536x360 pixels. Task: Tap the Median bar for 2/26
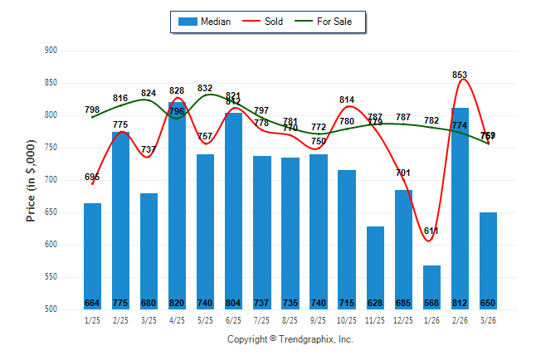pos(460,208)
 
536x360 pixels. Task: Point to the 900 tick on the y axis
pos(51,51)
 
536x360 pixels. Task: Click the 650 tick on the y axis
pos(51,212)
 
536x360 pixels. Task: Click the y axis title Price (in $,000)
pos(31,180)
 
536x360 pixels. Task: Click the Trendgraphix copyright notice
pos(290,340)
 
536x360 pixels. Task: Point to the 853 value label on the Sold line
pos(460,75)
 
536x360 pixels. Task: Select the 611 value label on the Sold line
pos(431,231)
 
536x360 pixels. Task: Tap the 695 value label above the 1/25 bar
pos(92,177)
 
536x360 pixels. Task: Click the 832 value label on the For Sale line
pos(206,88)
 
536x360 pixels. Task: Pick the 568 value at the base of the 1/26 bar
pos(431,302)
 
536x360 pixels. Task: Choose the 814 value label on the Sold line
pos(347,100)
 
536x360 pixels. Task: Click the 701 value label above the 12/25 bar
pos(403,173)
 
